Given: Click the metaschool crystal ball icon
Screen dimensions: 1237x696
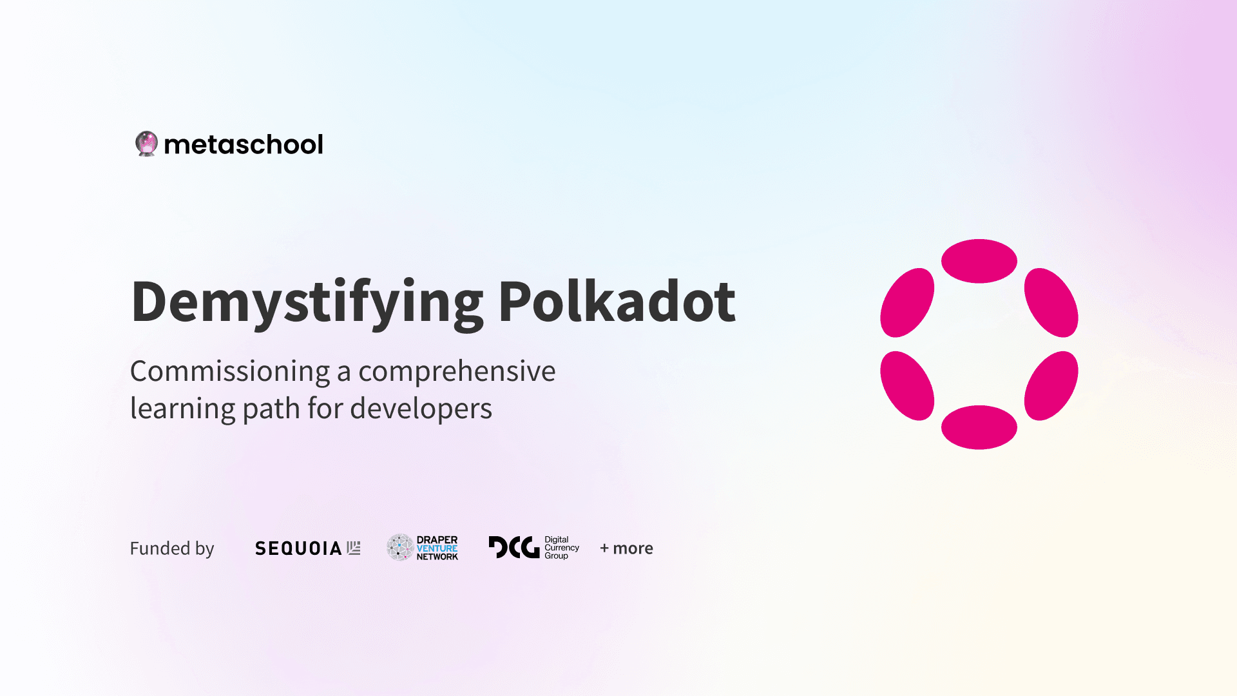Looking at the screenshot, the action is coord(146,144).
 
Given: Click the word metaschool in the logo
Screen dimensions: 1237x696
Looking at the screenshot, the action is coord(244,144).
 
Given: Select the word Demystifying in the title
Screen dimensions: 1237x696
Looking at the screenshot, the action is coord(307,303).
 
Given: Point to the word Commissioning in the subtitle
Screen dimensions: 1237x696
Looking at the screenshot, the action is coord(230,371).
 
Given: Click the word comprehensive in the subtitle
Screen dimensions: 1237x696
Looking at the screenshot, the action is coord(457,372).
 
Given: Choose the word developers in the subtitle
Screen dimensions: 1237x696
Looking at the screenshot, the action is coord(421,408).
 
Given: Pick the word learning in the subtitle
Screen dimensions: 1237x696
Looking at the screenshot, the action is coord(182,409).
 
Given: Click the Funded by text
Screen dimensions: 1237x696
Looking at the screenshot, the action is coord(172,548).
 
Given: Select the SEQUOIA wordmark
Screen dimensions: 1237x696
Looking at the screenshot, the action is coord(298,548).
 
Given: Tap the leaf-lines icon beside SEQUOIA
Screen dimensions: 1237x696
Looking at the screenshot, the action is coord(354,548).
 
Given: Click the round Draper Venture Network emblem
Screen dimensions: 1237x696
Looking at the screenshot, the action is coord(400,547).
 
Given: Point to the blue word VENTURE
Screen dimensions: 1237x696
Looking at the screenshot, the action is coord(437,548).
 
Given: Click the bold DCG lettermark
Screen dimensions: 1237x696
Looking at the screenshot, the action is coord(513,547).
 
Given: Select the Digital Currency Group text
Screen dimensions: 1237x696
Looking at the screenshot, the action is coord(562,548).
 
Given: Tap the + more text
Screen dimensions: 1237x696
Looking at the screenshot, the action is coord(626,548).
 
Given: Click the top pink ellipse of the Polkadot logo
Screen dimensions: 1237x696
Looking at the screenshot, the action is coord(979,261).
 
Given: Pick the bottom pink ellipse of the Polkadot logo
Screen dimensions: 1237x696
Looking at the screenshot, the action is coord(979,427).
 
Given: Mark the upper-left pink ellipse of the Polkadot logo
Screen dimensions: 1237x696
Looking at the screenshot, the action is coord(907,303).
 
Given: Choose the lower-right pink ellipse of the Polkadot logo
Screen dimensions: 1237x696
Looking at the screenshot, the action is coord(1051,386).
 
